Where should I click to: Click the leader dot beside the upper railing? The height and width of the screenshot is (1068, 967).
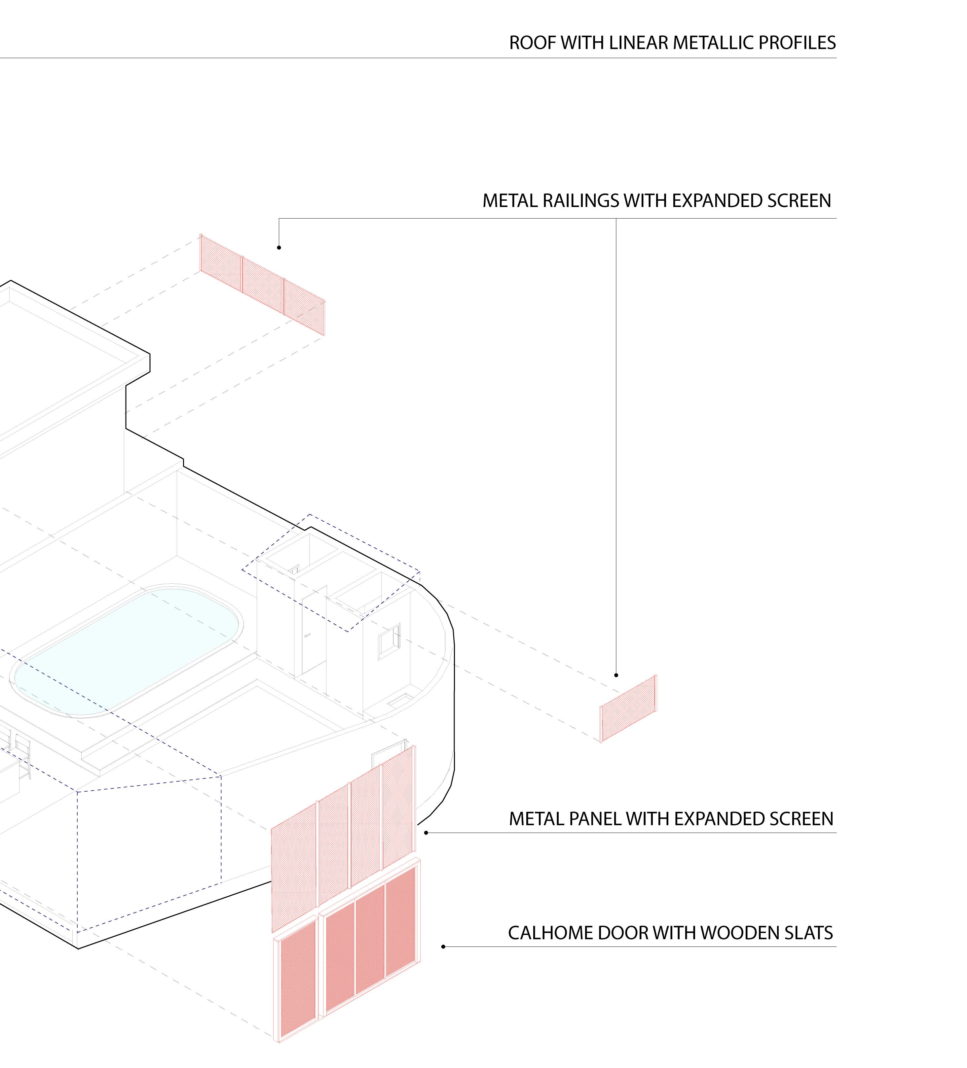pyautogui.click(x=279, y=247)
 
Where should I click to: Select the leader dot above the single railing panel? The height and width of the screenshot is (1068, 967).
pyautogui.click(x=616, y=675)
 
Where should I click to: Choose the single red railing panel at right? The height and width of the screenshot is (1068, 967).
pyautogui.click(x=628, y=709)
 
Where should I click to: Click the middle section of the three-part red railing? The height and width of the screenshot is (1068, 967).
pyautogui.click(x=262, y=285)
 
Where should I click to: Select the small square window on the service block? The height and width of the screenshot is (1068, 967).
pyautogui.click(x=389, y=641)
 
